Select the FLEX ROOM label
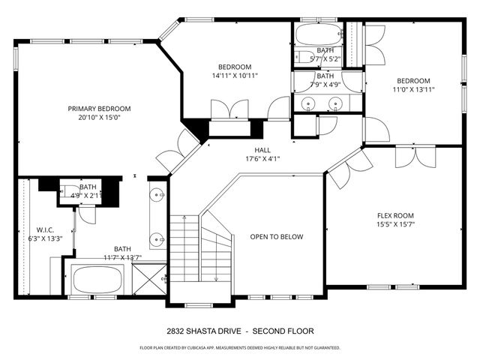pyautogui.click(x=394, y=214)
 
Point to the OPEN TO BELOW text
pyautogui.click(x=277, y=237)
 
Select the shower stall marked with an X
pyautogui.click(x=150, y=280)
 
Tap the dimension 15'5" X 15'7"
pyautogui.click(x=394, y=224)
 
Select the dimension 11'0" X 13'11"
pyautogui.click(x=414, y=90)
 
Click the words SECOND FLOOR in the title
pyautogui.click(x=283, y=331)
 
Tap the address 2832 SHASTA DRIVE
pyautogui.click(x=204, y=331)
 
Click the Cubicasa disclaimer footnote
pyautogui.click(x=240, y=348)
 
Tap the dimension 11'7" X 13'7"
pyautogui.click(x=121, y=258)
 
